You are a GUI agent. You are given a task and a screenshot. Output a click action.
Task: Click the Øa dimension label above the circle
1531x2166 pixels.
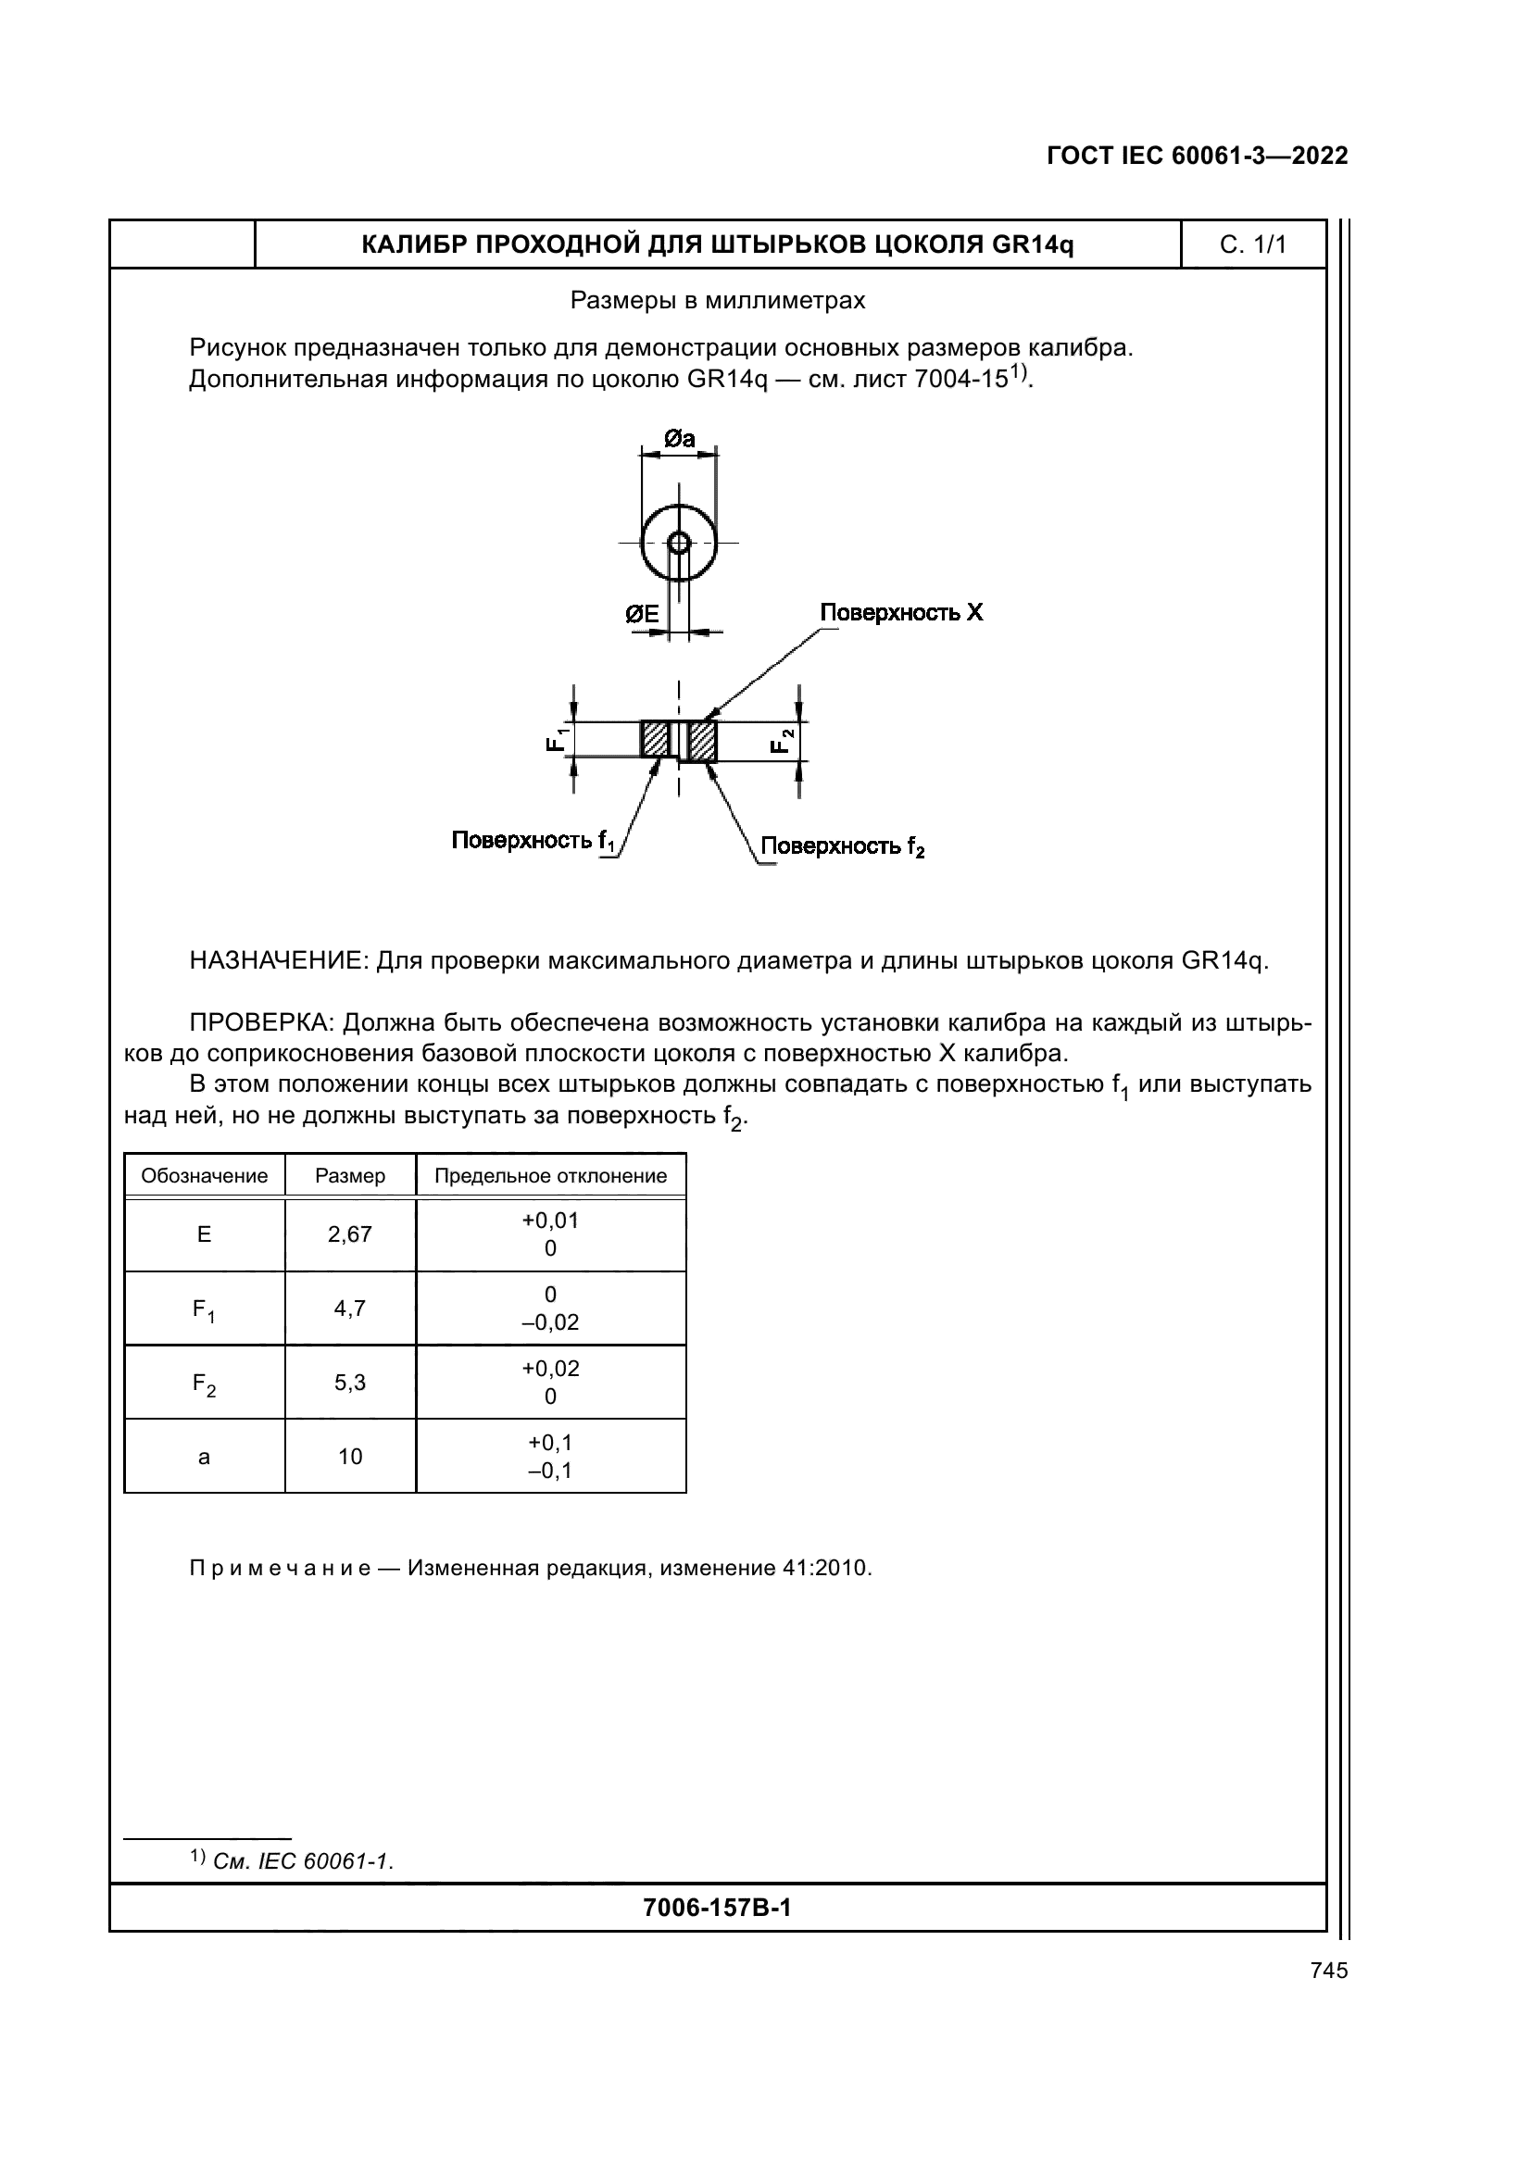click(x=679, y=439)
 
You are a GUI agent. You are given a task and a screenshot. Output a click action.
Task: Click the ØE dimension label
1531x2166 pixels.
click(x=643, y=614)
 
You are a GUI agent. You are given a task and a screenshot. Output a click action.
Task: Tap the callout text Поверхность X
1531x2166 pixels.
click(x=901, y=612)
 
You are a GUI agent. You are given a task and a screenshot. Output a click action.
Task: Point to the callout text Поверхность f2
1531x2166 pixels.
click(x=843, y=846)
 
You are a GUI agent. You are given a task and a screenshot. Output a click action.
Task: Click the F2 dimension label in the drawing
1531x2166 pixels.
click(x=783, y=740)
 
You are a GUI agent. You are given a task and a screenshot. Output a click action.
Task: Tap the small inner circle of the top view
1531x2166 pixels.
click(x=678, y=543)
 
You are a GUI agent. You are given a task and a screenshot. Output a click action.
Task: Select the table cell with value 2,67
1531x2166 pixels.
click(x=350, y=1233)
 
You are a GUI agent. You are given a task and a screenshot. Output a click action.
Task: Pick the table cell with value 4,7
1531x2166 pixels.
click(x=350, y=1308)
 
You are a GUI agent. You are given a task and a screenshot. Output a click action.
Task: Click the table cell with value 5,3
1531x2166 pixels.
click(x=350, y=1382)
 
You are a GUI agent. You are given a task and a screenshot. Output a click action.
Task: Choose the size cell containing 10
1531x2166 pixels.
click(x=350, y=1457)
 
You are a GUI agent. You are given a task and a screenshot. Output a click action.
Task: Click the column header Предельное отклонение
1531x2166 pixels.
click(x=550, y=1175)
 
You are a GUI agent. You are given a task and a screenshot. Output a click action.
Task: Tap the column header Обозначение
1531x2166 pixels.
click(x=204, y=1175)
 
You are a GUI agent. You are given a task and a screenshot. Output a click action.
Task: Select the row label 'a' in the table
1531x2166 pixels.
click(x=204, y=1457)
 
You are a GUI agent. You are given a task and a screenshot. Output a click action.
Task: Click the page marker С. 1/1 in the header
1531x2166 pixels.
click(x=1253, y=245)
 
